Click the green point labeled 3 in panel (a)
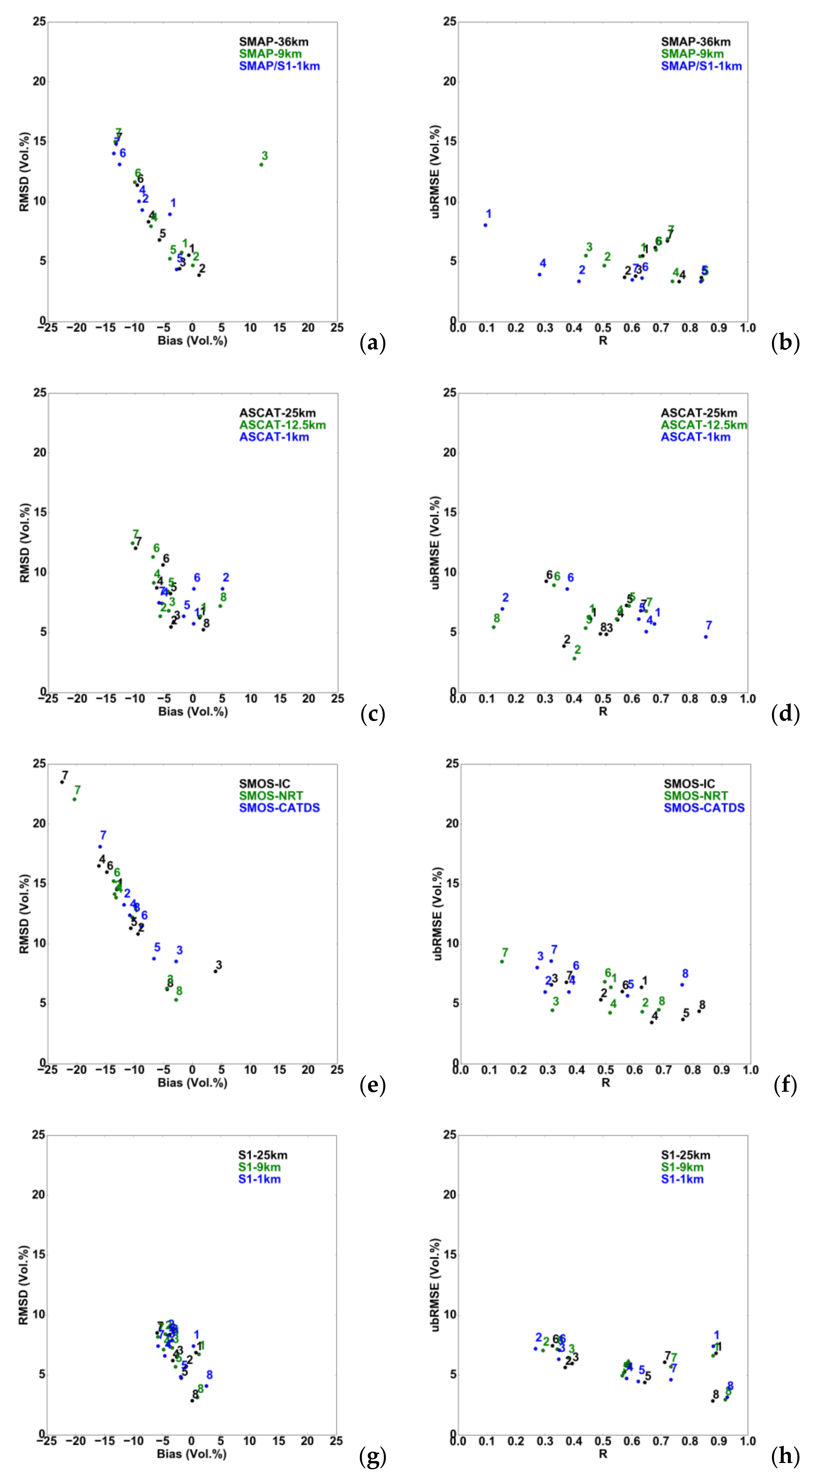coord(261,165)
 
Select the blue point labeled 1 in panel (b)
coord(485,225)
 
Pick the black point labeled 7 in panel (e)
coord(62,782)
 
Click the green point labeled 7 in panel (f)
coord(502,961)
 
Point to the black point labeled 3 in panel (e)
coord(215,971)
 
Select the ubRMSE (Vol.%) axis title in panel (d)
coord(435,543)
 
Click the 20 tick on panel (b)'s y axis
coord(449,81)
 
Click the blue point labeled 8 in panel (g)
coord(206,1386)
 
